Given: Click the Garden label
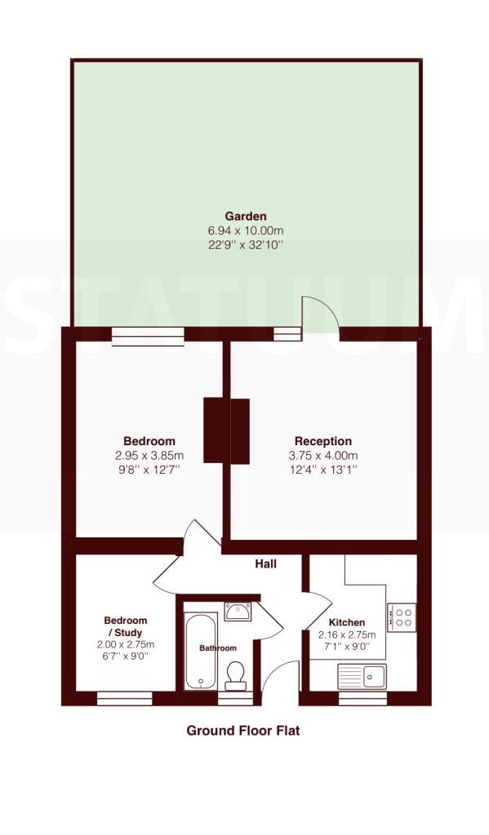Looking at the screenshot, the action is pos(245,216).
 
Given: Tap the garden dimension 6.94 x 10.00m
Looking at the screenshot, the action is pos(245,231).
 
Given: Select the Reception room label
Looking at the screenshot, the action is pos(323,441).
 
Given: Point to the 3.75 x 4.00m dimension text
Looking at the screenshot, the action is pos(323,455).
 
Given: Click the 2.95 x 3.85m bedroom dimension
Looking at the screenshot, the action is pos(149,455).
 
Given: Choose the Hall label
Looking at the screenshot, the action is pos(265,563).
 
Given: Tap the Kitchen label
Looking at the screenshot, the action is pos(347,622).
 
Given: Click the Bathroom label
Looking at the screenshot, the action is pos(218,648).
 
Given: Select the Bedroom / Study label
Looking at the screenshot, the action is pos(126,626).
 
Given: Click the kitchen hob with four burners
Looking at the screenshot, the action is pos(402,618).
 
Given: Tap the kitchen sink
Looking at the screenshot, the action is pos(362,676).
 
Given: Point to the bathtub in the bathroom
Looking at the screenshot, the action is pos(201,651).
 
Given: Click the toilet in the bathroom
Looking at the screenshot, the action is pos(235,675).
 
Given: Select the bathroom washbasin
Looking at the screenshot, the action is pos(238,612).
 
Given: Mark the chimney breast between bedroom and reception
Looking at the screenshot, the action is pos(227,431).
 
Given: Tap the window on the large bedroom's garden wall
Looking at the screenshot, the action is pos(148,337).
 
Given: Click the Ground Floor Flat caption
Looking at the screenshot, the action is pos(242,730).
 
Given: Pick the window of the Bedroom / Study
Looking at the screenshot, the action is pos(125,698).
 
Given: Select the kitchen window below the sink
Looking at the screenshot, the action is pos(362,698).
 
